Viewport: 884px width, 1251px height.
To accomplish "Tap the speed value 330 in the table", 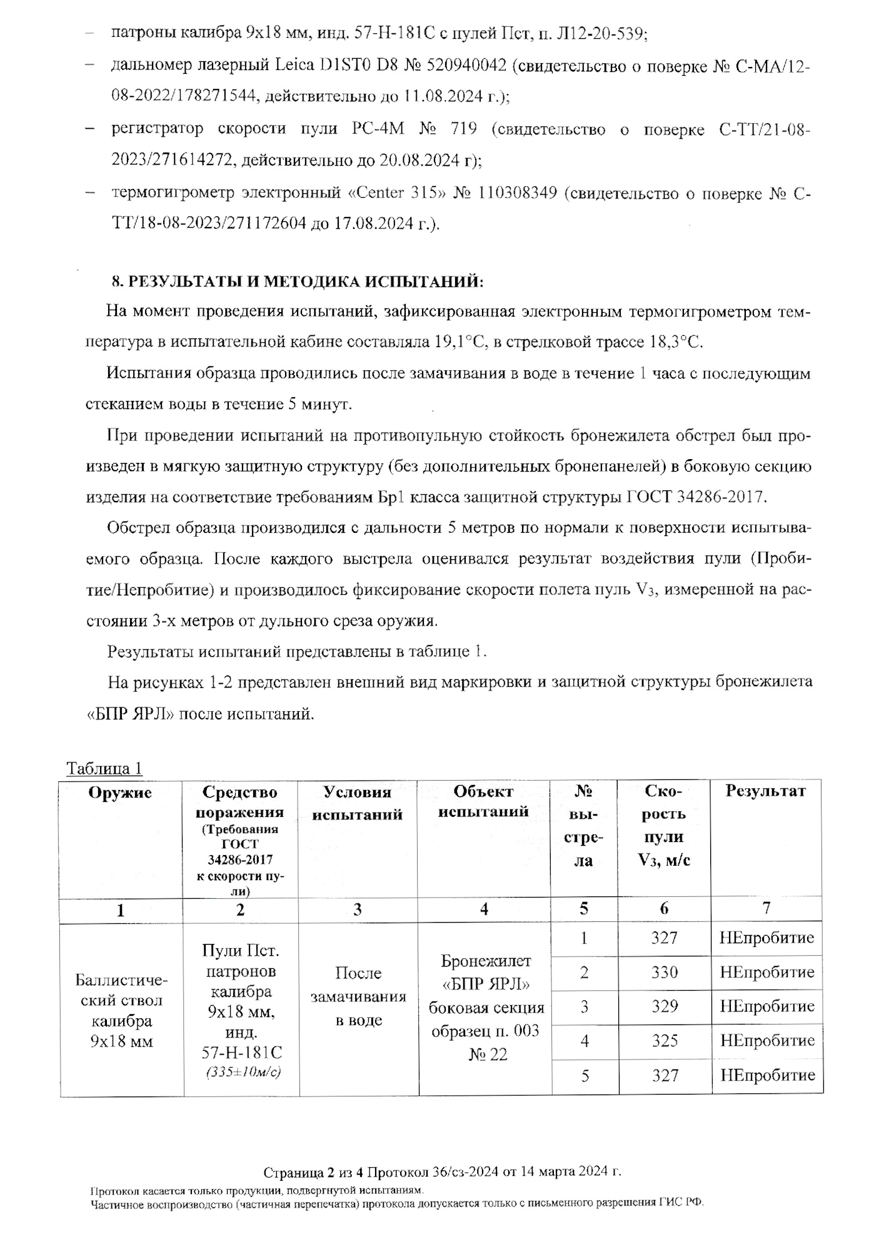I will point(664,972).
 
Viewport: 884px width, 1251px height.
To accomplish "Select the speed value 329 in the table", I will point(664,1006).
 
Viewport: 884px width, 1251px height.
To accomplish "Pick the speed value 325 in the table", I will point(665,1041).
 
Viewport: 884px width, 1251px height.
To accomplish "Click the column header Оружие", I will point(120,793).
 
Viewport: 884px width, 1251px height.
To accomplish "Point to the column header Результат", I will point(765,791).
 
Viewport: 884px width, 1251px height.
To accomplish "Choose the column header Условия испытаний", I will point(357,803).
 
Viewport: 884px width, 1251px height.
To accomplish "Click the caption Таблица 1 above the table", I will point(104,768).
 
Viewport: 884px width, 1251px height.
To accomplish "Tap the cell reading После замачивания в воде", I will point(358,996).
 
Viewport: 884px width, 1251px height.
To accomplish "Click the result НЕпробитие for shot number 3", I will point(767,1006).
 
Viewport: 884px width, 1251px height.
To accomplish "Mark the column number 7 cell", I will point(766,908).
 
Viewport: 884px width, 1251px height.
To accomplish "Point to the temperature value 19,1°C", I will point(455,342).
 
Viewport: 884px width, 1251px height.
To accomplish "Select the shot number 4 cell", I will point(585,1041).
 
